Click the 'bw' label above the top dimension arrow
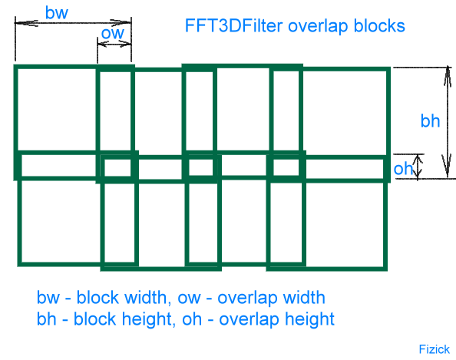pyautogui.click(x=57, y=13)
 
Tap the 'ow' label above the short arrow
pyautogui.click(x=113, y=33)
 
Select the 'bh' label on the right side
pyautogui.click(x=430, y=121)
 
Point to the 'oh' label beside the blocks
pyautogui.click(x=403, y=169)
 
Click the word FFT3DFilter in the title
pyautogui.click(x=233, y=25)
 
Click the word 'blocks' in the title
pyautogui.click(x=379, y=25)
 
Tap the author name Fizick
pyautogui.click(x=435, y=349)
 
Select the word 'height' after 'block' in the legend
pyautogui.click(x=148, y=319)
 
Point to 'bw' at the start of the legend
pyautogui.click(x=48, y=298)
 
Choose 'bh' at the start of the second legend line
pyautogui.click(x=47, y=319)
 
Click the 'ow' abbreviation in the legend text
pyautogui.click(x=189, y=299)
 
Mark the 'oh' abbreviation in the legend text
pyautogui.click(x=192, y=319)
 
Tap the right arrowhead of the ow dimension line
pyautogui.click(x=124, y=44)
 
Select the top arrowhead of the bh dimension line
pyautogui.click(x=448, y=76)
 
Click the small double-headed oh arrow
pyautogui.click(x=418, y=167)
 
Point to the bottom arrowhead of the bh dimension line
pyautogui.click(x=447, y=167)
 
